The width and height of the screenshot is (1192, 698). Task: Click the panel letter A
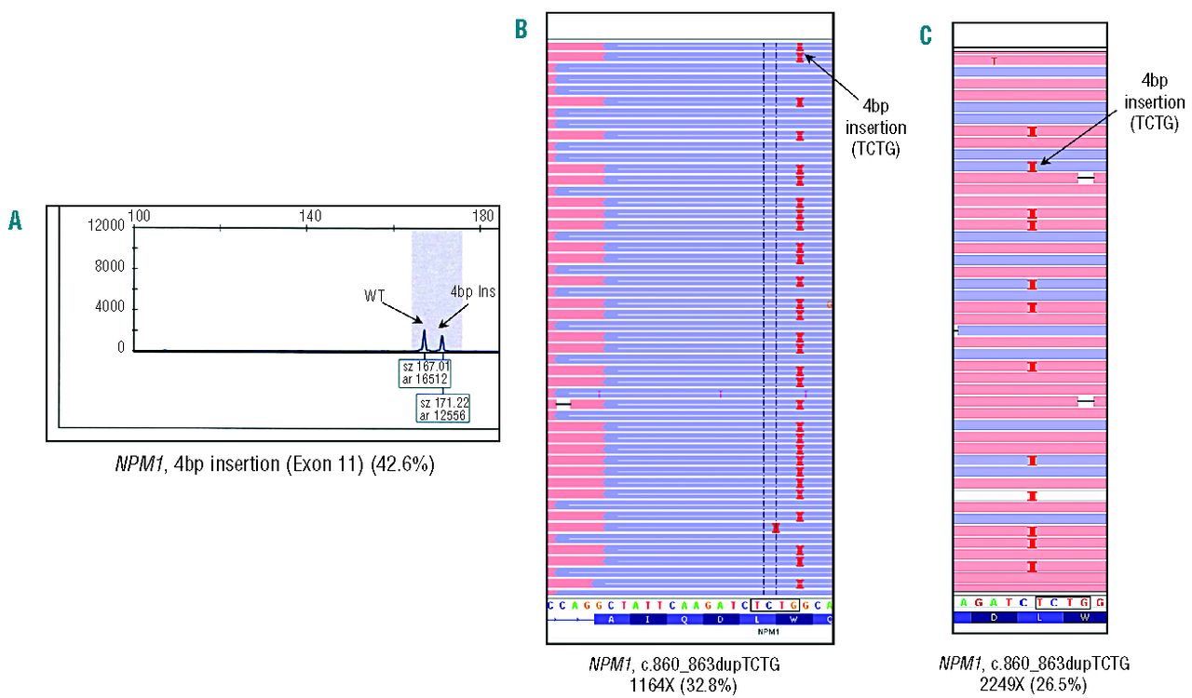click(15, 220)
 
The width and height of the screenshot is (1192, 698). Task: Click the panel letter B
click(521, 29)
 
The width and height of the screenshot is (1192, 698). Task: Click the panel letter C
click(925, 35)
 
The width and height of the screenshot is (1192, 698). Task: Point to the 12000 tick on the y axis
click(107, 225)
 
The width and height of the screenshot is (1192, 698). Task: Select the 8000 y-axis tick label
click(111, 267)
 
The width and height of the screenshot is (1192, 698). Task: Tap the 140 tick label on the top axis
click(310, 215)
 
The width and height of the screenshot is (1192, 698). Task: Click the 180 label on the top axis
click(483, 215)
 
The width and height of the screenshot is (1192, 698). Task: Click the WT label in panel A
click(375, 296)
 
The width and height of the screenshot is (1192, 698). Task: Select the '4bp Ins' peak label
click(473, 291)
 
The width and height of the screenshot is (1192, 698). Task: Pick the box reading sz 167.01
click(424, 372)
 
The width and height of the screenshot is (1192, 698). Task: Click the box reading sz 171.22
click(443, 408)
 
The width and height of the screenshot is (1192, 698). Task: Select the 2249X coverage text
click(1011, 681)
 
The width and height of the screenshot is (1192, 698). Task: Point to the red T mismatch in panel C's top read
click(994, 61)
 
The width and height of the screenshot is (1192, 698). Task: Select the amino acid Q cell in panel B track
click(681, 619)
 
